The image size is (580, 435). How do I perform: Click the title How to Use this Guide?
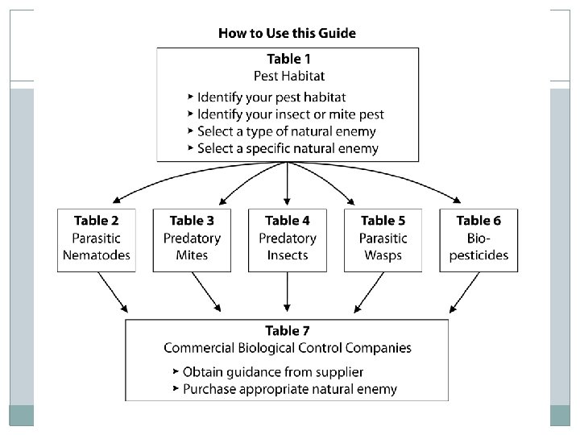287,34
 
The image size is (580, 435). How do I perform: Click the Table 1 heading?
288,59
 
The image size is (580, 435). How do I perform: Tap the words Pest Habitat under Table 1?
288,77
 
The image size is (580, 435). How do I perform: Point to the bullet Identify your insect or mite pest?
291,114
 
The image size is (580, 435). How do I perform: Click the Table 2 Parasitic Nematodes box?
96,239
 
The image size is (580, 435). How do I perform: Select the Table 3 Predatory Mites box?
192,239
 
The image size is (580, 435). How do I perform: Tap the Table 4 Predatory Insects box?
288,239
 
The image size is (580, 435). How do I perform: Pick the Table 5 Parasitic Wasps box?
383,239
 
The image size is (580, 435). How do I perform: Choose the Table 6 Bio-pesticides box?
478,239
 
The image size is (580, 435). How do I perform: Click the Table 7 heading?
288,331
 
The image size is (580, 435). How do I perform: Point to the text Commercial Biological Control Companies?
288,348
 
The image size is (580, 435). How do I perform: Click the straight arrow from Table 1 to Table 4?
288,184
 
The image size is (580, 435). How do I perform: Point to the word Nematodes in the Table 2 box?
96,255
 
